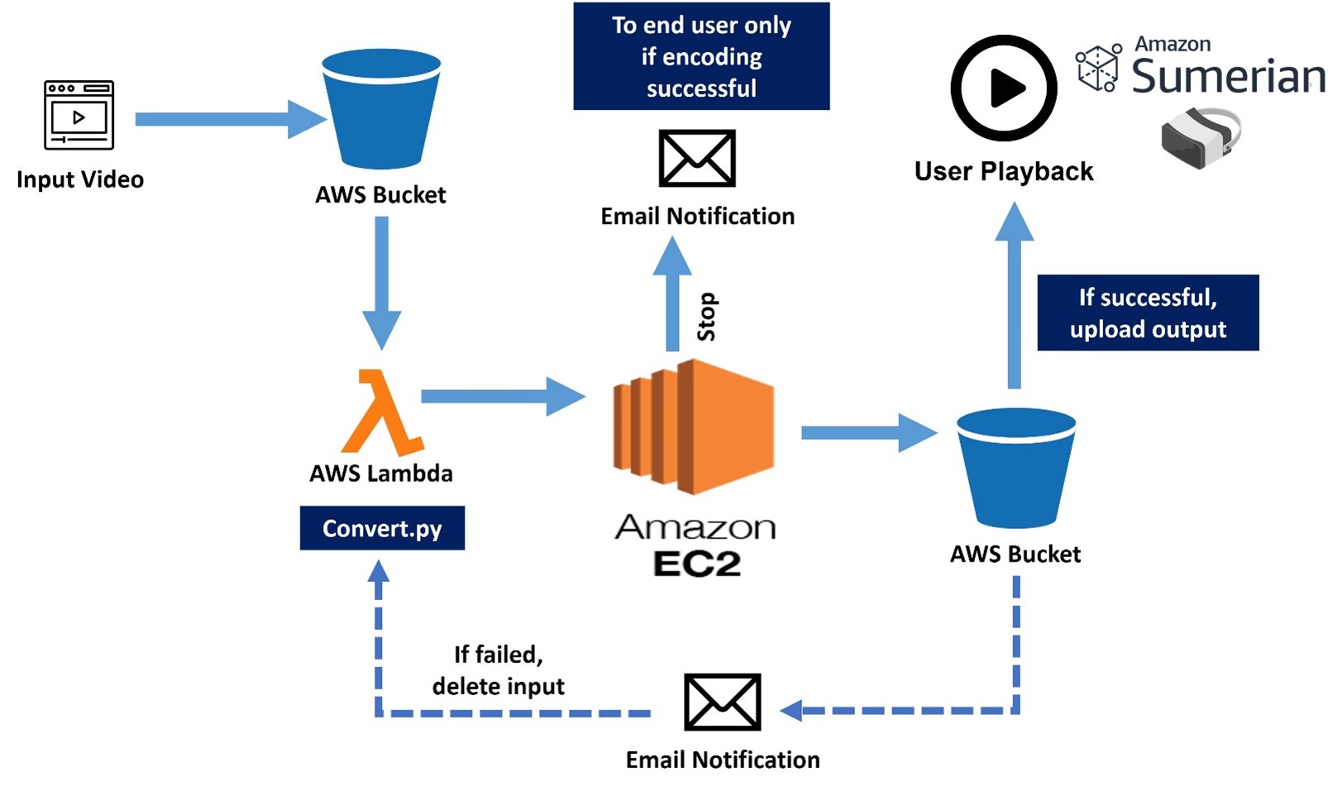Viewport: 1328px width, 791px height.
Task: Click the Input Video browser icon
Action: pyautogui.click(x=79, y=115)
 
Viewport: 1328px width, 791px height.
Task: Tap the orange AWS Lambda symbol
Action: pyautogui.click(x=382, y=412)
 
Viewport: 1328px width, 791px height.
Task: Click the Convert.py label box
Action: pyautogui.click(x=382, y=528)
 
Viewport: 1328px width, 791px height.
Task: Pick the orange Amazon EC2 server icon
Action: pyautogui.click(x=694, y=426)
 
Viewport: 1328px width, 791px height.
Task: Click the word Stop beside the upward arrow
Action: pyautogui.click(x=707, y=317)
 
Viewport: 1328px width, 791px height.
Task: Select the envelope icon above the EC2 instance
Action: pyautogui.click(x=697, y=159)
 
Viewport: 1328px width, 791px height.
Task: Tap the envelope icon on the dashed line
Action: pyautogui.click(x=723, y=703)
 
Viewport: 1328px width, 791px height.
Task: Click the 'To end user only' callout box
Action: pyautogui.click(x=701, y=56)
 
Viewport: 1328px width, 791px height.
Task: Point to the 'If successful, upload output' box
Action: pyautogui.click(x=1148, y=312)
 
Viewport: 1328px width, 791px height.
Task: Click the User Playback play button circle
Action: pyautogui.click(x=1004, y=88)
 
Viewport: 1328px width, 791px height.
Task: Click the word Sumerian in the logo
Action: pyautogui.click(x=1228, y=76)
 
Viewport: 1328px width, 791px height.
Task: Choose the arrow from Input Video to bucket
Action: pyautogui.click(x=228, y=120)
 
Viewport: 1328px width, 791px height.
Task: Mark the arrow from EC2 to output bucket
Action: pyautogui.click(x=868, y=433)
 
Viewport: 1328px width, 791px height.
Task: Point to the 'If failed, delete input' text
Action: pyautogui.click(x=498, y=670)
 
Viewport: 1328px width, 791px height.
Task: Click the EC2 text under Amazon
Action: pyautogui.click(x=696, y=564)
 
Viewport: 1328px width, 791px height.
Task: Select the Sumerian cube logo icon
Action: pyautogui.click(x=1099, y=67)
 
